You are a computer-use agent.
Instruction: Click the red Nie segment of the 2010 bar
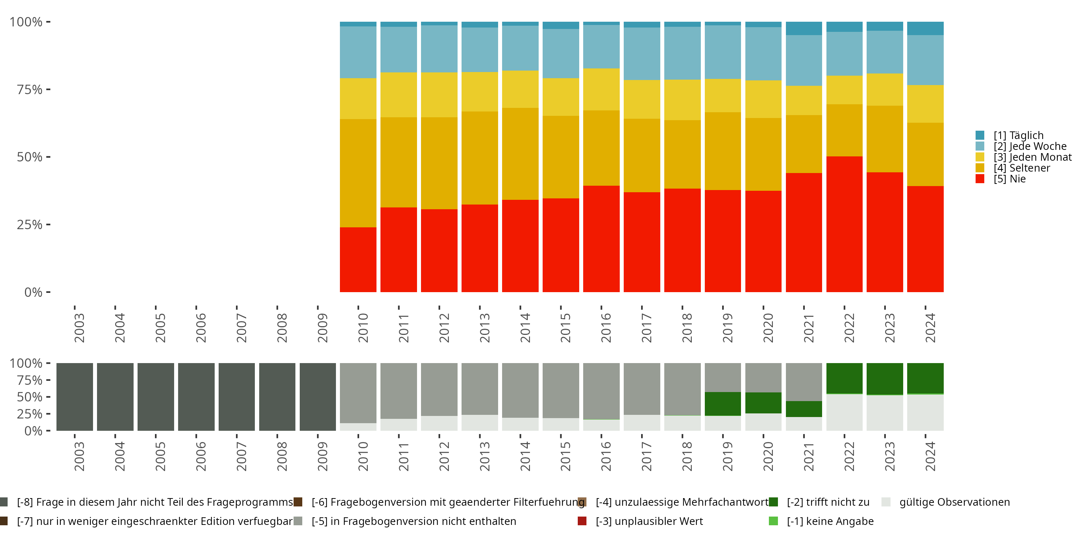click(358, 260)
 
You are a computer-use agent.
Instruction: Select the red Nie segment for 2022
click(845, 224)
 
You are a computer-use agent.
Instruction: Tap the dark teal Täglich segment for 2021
click(804, 29)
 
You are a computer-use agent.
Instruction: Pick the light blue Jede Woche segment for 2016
click(601, 47)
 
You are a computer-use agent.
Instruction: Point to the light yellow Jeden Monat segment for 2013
click(480, 92)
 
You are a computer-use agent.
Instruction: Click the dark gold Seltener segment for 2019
click(723, 151)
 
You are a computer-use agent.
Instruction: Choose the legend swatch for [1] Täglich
click(980, 135)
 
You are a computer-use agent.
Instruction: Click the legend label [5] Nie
click(1010, 179)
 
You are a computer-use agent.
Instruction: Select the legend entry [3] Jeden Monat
click(1024, 157)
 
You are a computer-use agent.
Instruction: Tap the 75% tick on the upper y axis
click(49, 89)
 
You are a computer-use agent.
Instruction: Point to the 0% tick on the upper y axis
click(49, 292)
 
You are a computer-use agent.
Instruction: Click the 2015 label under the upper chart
click(565, 328)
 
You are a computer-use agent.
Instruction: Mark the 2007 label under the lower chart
click(241, 456)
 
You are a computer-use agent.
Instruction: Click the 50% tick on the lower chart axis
click(49, 397)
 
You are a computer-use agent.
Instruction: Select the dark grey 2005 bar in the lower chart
click(156, 397)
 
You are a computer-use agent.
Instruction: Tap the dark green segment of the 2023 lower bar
click(885, 379)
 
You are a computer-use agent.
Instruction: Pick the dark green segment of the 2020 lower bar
click(763, 403)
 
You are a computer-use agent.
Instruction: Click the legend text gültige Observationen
click(955, 502)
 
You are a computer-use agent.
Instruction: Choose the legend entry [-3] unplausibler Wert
click(640, 522)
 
